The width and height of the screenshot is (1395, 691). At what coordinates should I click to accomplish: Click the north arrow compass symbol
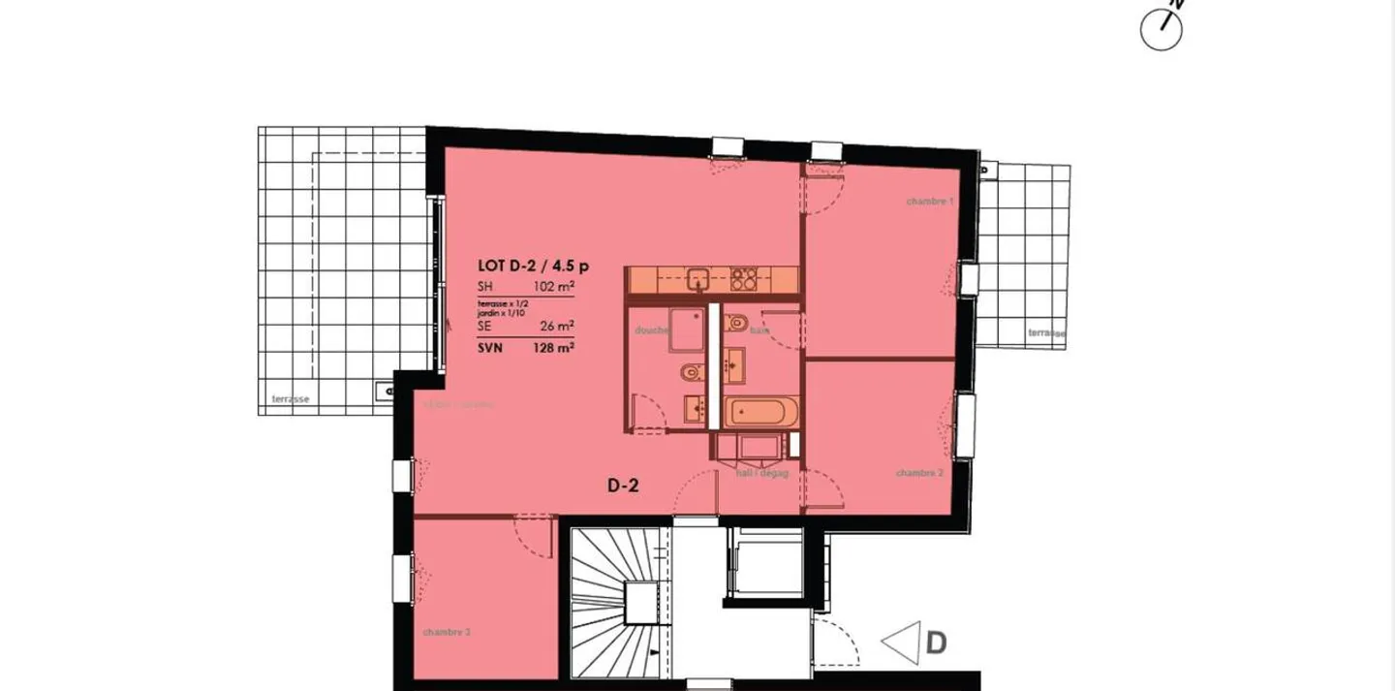click(x=1162, y=29)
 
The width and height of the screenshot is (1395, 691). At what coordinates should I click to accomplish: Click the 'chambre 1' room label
click(x=930, y=202)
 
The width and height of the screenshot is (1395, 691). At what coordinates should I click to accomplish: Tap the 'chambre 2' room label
click(x=919, y=473)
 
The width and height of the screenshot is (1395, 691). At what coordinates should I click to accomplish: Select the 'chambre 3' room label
click(x=447, y=632)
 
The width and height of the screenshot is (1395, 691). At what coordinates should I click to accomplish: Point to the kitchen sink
click(x=697, y=280)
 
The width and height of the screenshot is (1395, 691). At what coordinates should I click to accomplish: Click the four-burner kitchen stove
click(x=743, y=279)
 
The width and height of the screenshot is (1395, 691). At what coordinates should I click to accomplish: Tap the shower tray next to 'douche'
click(x=688, y=330)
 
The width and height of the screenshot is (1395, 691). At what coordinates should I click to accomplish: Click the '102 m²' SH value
click(x=554, y=287)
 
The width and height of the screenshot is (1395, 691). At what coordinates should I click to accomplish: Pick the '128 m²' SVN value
click(x=554, y=346)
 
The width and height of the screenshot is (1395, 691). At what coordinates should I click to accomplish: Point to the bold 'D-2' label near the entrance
click(x=622, y=487)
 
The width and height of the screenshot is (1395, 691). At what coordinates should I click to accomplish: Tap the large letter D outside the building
click(x=936, y=643)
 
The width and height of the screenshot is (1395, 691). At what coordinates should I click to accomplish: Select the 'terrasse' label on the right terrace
click(x=1046, y=332)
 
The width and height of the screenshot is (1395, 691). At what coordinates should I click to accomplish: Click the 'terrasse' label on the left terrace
click(x=291, y=398)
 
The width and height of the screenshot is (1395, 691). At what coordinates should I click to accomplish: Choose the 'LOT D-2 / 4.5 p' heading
click(x=533, y=266)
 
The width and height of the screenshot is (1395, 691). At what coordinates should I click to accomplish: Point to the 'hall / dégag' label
click(x=762, y=473)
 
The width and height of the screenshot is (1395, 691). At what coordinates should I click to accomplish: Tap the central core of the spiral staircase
click(x=640, y=602)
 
